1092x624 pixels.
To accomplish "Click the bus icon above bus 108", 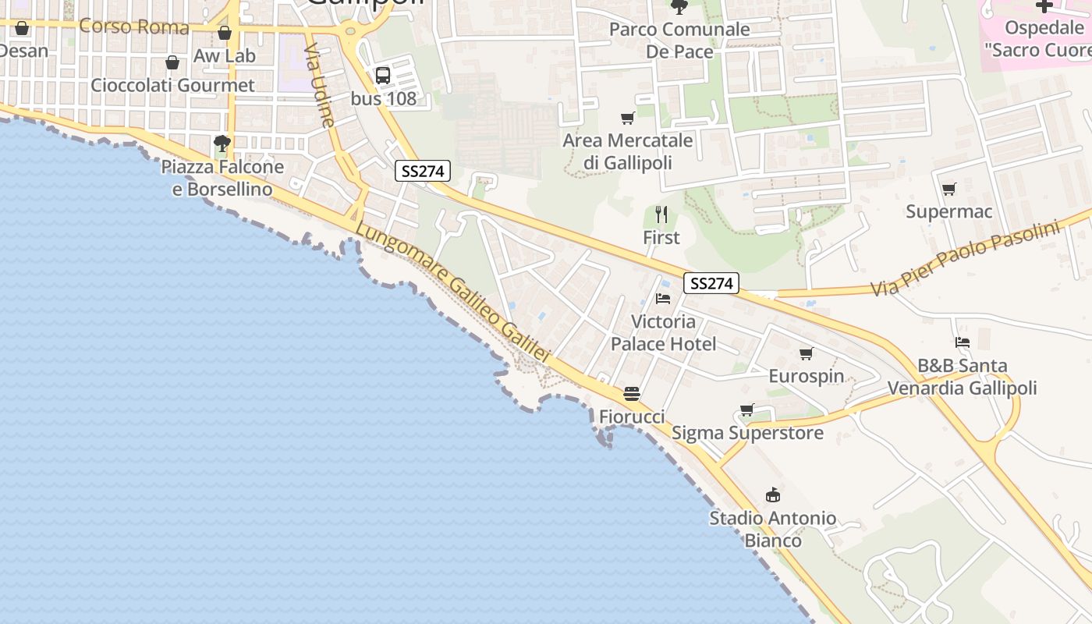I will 382,76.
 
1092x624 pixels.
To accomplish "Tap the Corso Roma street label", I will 134,27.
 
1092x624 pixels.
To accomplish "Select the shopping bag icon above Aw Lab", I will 225,33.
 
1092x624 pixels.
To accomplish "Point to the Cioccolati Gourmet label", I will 172,85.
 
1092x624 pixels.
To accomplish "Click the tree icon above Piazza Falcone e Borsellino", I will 222,143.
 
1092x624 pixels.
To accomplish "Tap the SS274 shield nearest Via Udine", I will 422,171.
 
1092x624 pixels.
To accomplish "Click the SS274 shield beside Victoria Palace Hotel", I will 711,283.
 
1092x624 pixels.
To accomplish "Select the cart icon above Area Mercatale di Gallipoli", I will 627,119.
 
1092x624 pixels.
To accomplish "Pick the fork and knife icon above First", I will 661,214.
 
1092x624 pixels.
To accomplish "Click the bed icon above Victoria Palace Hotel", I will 663,298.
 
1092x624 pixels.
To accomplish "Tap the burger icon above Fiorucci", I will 632,393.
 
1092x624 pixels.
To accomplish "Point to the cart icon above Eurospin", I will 807,353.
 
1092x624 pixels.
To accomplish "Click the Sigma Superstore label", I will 747,432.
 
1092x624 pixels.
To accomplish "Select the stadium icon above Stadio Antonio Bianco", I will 773,495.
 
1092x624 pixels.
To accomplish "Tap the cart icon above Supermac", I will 948,189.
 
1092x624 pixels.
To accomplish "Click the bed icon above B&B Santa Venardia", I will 962,342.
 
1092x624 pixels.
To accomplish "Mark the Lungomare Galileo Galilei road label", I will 453,293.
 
